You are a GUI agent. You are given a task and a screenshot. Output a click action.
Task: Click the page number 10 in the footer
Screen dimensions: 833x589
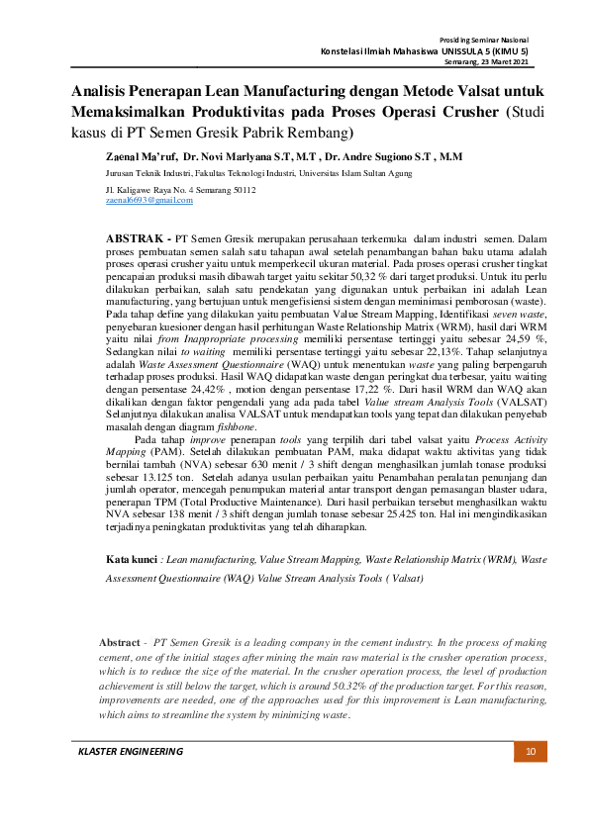pyautogui.click(x=530, y=752)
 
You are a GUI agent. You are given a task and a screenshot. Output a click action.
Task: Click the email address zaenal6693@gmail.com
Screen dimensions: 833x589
pyautogui.click(x=148, y=200)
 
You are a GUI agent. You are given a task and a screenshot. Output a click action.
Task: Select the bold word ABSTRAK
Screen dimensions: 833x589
pyautogui.click(x=135, y=239)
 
